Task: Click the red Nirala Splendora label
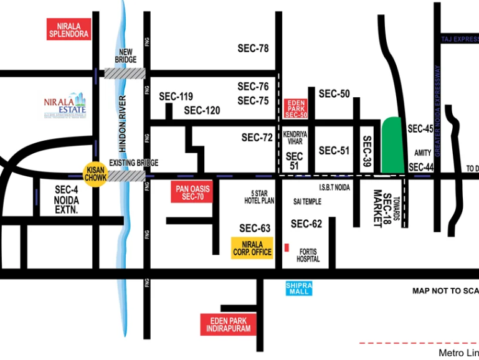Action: [x=69, y=29]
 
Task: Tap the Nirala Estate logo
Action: [x=65, y=107]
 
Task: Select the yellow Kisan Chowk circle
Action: [x=97, y=173]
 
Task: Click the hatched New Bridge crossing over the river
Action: [x=125, y=73]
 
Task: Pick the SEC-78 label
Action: [x=253, y=49]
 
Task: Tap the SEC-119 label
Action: [x=176, y=97]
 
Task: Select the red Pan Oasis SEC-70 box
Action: [x=191, y=193]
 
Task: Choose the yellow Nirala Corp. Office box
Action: [x=252, y=248]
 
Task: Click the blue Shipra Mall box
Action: [x=298, y=288]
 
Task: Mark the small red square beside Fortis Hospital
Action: [x=287, y=248]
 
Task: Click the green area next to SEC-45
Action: [x=392, y=145]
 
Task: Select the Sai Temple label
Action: [x=307, y=202]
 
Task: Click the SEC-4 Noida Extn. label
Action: [x=66, y=200]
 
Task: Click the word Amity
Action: [x=423, y=153]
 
